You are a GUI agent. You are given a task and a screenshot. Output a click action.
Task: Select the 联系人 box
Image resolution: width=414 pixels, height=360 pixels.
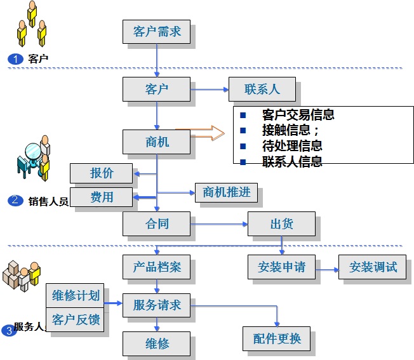click(x=262, y=88)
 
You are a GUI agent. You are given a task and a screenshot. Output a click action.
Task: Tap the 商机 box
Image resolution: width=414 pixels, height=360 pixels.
click(x=156, y=141)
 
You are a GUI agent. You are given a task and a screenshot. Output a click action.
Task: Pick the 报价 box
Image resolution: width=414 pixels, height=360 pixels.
click(x=102, y=173)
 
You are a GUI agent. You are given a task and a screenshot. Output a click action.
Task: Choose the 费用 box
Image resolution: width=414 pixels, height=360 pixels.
click(x=102, y=197)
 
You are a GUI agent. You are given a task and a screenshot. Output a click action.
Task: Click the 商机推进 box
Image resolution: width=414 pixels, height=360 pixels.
click(x=226, y=192)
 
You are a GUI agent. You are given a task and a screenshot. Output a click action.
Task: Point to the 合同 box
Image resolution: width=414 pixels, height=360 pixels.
click(x=156, y=223)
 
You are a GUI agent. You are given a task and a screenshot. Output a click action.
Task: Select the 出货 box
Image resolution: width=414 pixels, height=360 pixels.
click(x=280, y=224)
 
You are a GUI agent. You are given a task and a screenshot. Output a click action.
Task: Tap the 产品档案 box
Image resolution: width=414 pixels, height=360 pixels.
click(x=156, y=267)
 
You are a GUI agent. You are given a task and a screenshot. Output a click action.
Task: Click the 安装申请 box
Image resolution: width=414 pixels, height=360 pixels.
click(x=281, y=267)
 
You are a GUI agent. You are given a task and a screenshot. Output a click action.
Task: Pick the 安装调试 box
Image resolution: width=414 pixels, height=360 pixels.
click(x=373, y=267)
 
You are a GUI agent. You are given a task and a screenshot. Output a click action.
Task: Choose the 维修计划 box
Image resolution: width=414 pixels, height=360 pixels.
click(x=76, y=295)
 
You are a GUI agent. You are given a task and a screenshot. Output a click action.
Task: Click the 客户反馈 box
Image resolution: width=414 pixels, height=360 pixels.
click(x=76, y=319)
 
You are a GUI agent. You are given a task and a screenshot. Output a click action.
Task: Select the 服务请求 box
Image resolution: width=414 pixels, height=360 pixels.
click(x=156, y=305)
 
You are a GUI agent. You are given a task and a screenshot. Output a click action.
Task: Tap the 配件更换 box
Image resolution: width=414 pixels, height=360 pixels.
click(x=276, y=338)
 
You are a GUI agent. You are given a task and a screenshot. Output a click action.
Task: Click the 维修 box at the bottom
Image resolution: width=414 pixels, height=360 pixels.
click(x=156, y=343)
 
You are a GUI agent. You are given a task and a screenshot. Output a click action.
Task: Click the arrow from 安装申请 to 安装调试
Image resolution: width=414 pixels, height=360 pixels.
click(x=327, y=269)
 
